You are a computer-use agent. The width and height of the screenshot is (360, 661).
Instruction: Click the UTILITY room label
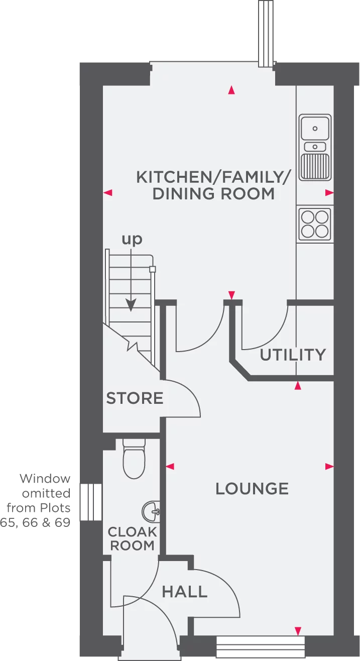293,355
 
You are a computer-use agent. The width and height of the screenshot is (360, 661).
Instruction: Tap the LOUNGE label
252,488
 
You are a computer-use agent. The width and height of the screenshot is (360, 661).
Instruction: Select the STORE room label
135,398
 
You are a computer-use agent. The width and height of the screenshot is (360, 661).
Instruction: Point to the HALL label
185,592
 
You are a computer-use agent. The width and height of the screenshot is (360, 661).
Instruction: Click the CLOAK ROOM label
132,538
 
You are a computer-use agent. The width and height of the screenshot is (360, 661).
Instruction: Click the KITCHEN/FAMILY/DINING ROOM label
214,185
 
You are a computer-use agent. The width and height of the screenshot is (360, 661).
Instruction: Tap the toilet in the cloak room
134,458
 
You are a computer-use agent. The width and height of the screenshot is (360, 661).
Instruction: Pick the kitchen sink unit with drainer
315,147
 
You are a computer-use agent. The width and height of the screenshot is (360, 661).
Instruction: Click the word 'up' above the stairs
132,240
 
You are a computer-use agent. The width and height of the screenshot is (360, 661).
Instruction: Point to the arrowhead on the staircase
131,305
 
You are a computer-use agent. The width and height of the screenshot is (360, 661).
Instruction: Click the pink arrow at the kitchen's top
231,90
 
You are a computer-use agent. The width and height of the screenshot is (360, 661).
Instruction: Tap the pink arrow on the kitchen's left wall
108,192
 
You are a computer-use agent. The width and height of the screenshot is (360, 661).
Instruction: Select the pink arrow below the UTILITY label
298,386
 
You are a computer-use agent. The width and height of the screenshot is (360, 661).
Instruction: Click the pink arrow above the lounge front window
298,630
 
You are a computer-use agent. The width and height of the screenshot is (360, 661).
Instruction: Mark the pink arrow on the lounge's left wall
170,467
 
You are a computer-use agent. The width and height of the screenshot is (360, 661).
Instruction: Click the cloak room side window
91,502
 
